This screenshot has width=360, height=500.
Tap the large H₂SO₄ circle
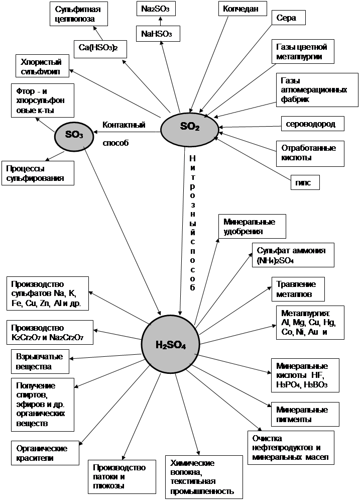[x=171, y=345]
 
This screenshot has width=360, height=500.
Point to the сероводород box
[x=314, y=124]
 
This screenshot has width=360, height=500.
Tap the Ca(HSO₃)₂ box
[x=100, y=49]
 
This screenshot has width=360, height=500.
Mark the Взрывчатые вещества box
[x=40, y=362]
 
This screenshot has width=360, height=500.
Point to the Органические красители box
[x=45, y=453]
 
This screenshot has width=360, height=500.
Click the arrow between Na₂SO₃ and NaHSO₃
[x=160, y=21]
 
